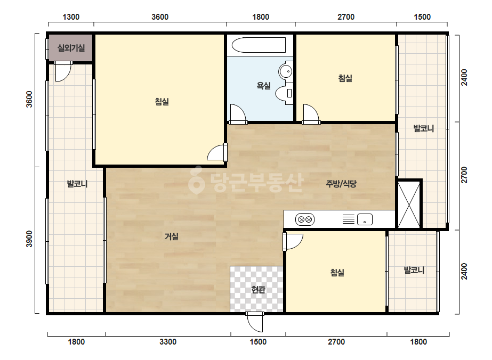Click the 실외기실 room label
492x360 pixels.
[x=71, y=48]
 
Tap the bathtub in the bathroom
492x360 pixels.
[x=259, y=45]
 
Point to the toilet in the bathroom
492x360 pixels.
[x=284, y=93]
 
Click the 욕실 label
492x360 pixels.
[x=263, y=85]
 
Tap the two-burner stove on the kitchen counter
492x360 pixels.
[x=305, y=219]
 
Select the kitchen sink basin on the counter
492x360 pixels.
[x=365, y=219]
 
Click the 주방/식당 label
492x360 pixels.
[x=341, y=183]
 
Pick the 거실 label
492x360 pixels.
[x=172, y=236]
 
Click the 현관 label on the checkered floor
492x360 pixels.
[x=258, y=290]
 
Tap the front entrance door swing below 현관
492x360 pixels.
[x=254, y=322]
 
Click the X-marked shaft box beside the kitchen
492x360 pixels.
[x=409, y=204]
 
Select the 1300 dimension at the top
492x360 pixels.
[x=71, y=17]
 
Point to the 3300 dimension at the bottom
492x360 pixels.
[x=168, y=342]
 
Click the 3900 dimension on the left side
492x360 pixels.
[x=29, y=239]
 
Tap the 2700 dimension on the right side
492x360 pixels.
[x=464, y=175]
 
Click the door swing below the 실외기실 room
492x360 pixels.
[x=63, y=71]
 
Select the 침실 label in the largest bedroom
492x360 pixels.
[x=162, y=102]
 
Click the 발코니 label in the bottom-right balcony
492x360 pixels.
[x=414, y=270]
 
